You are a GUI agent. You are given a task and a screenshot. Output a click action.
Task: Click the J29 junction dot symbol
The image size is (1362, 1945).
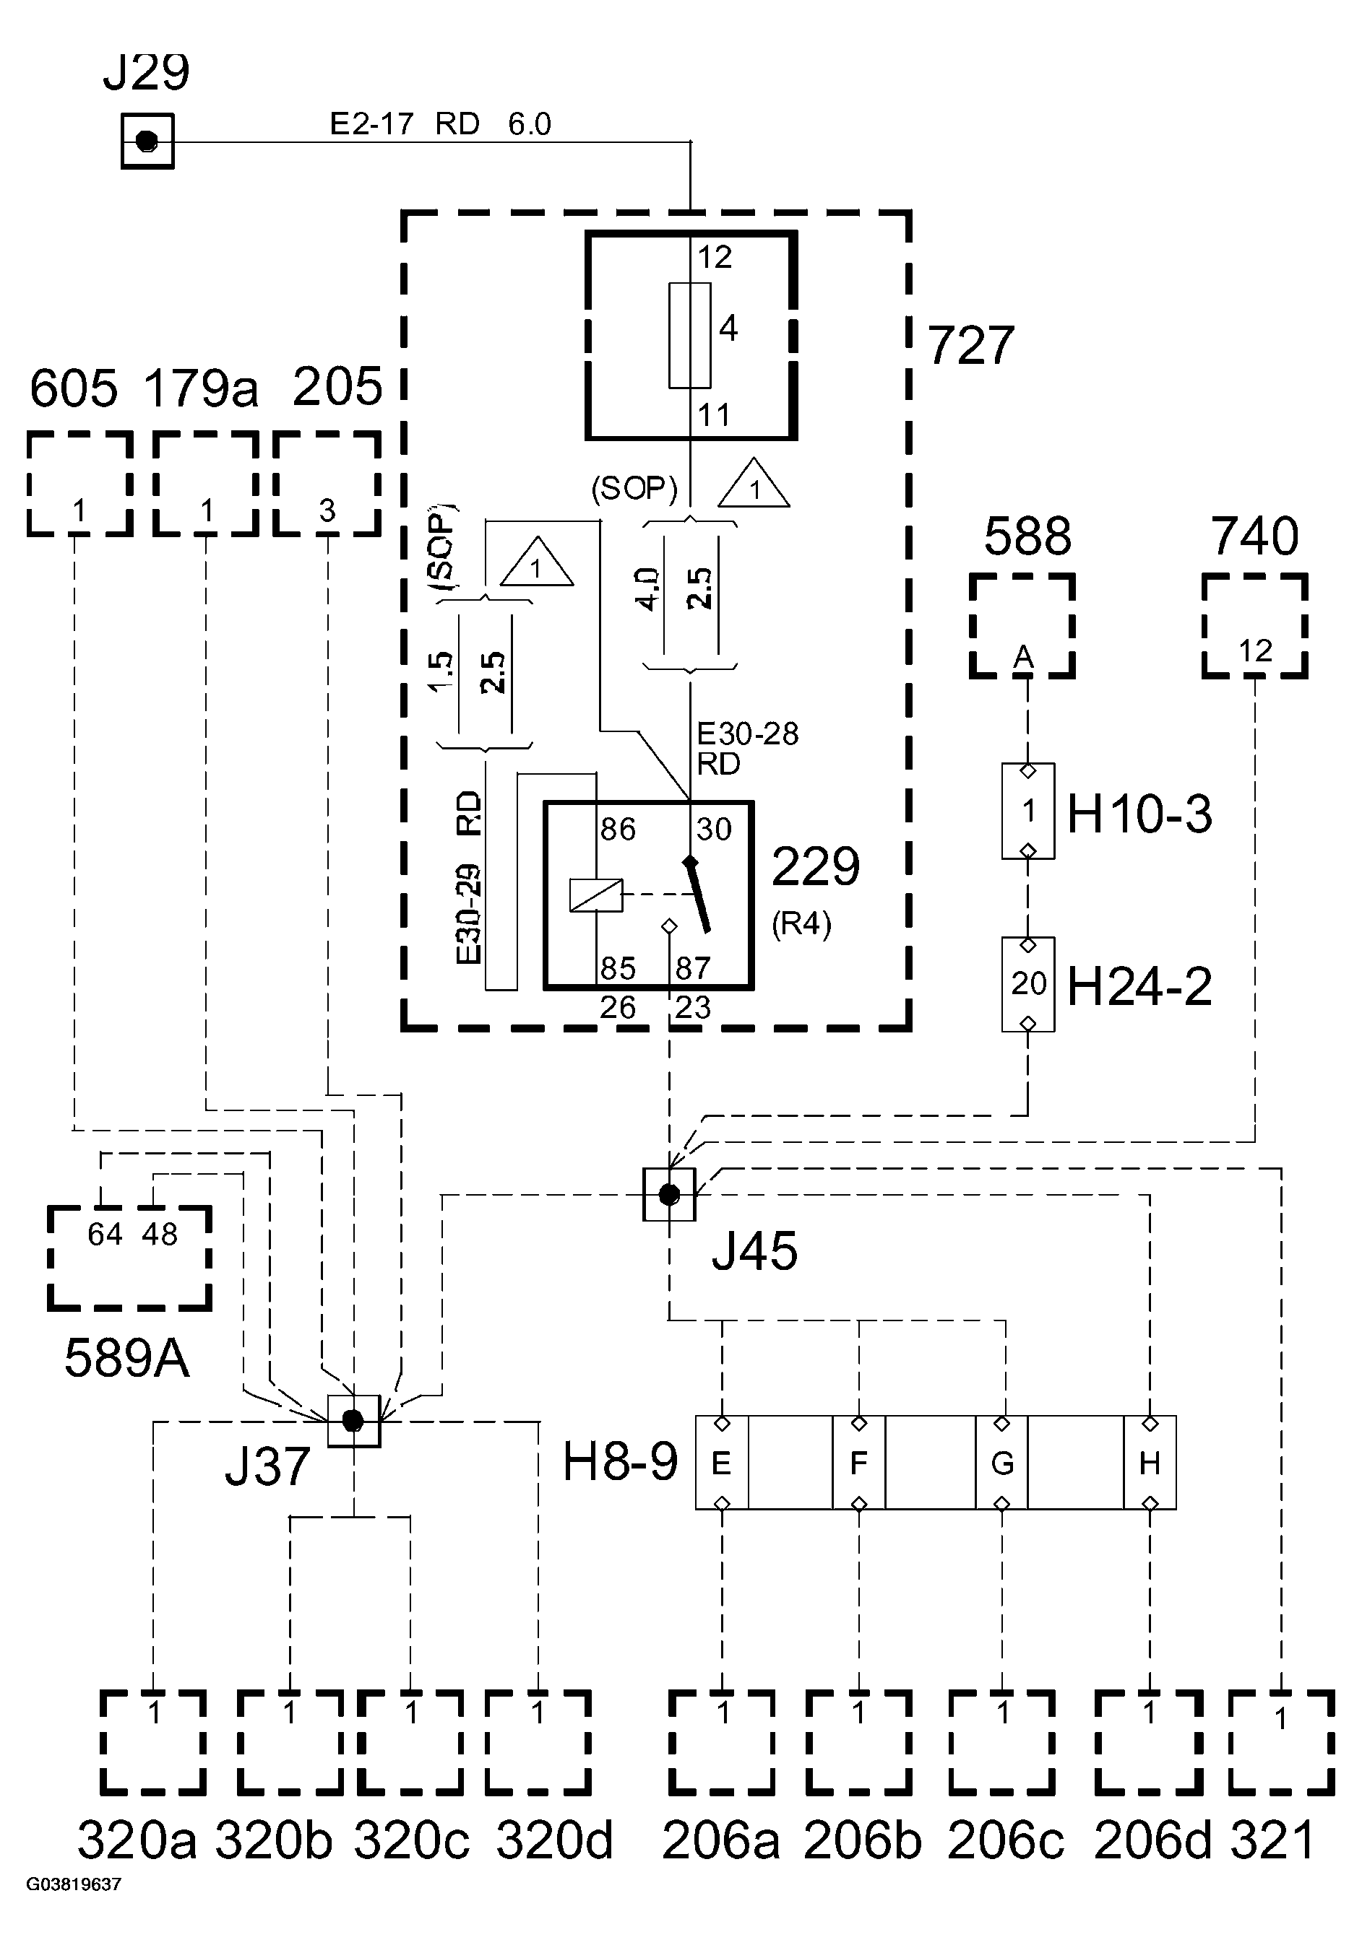[147, 141]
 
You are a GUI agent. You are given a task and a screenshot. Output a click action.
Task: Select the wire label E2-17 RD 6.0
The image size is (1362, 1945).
[440, 124]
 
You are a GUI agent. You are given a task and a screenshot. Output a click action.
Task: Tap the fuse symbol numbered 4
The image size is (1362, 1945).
[689, 336]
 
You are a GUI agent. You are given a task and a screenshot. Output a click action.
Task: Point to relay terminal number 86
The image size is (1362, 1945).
[617, 830]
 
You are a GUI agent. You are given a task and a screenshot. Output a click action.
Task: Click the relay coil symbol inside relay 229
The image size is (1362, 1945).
[596, 895]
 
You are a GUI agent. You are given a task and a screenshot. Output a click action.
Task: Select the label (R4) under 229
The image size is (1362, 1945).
[801, 923]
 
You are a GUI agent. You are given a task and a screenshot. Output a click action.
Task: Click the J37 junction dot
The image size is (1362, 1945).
[353, 1421]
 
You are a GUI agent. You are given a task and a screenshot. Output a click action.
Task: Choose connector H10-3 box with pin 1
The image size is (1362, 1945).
[1027, 811]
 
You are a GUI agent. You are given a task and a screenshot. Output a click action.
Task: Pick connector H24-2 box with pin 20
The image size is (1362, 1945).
[1027, 983]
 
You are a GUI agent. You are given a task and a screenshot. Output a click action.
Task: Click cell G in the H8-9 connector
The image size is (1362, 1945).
[1001, 1462]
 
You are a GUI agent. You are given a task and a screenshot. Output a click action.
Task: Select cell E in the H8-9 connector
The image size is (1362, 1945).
[721, 1462]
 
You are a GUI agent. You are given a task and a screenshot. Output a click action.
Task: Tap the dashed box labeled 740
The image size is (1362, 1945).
[1254, 626]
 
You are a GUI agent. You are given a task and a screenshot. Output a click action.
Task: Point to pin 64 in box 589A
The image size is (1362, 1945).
[105, 1235]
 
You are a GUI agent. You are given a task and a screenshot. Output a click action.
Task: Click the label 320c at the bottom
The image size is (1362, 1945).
[411, 1840]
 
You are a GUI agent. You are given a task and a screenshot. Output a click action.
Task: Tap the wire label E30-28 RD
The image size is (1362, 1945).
[746, 748]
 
